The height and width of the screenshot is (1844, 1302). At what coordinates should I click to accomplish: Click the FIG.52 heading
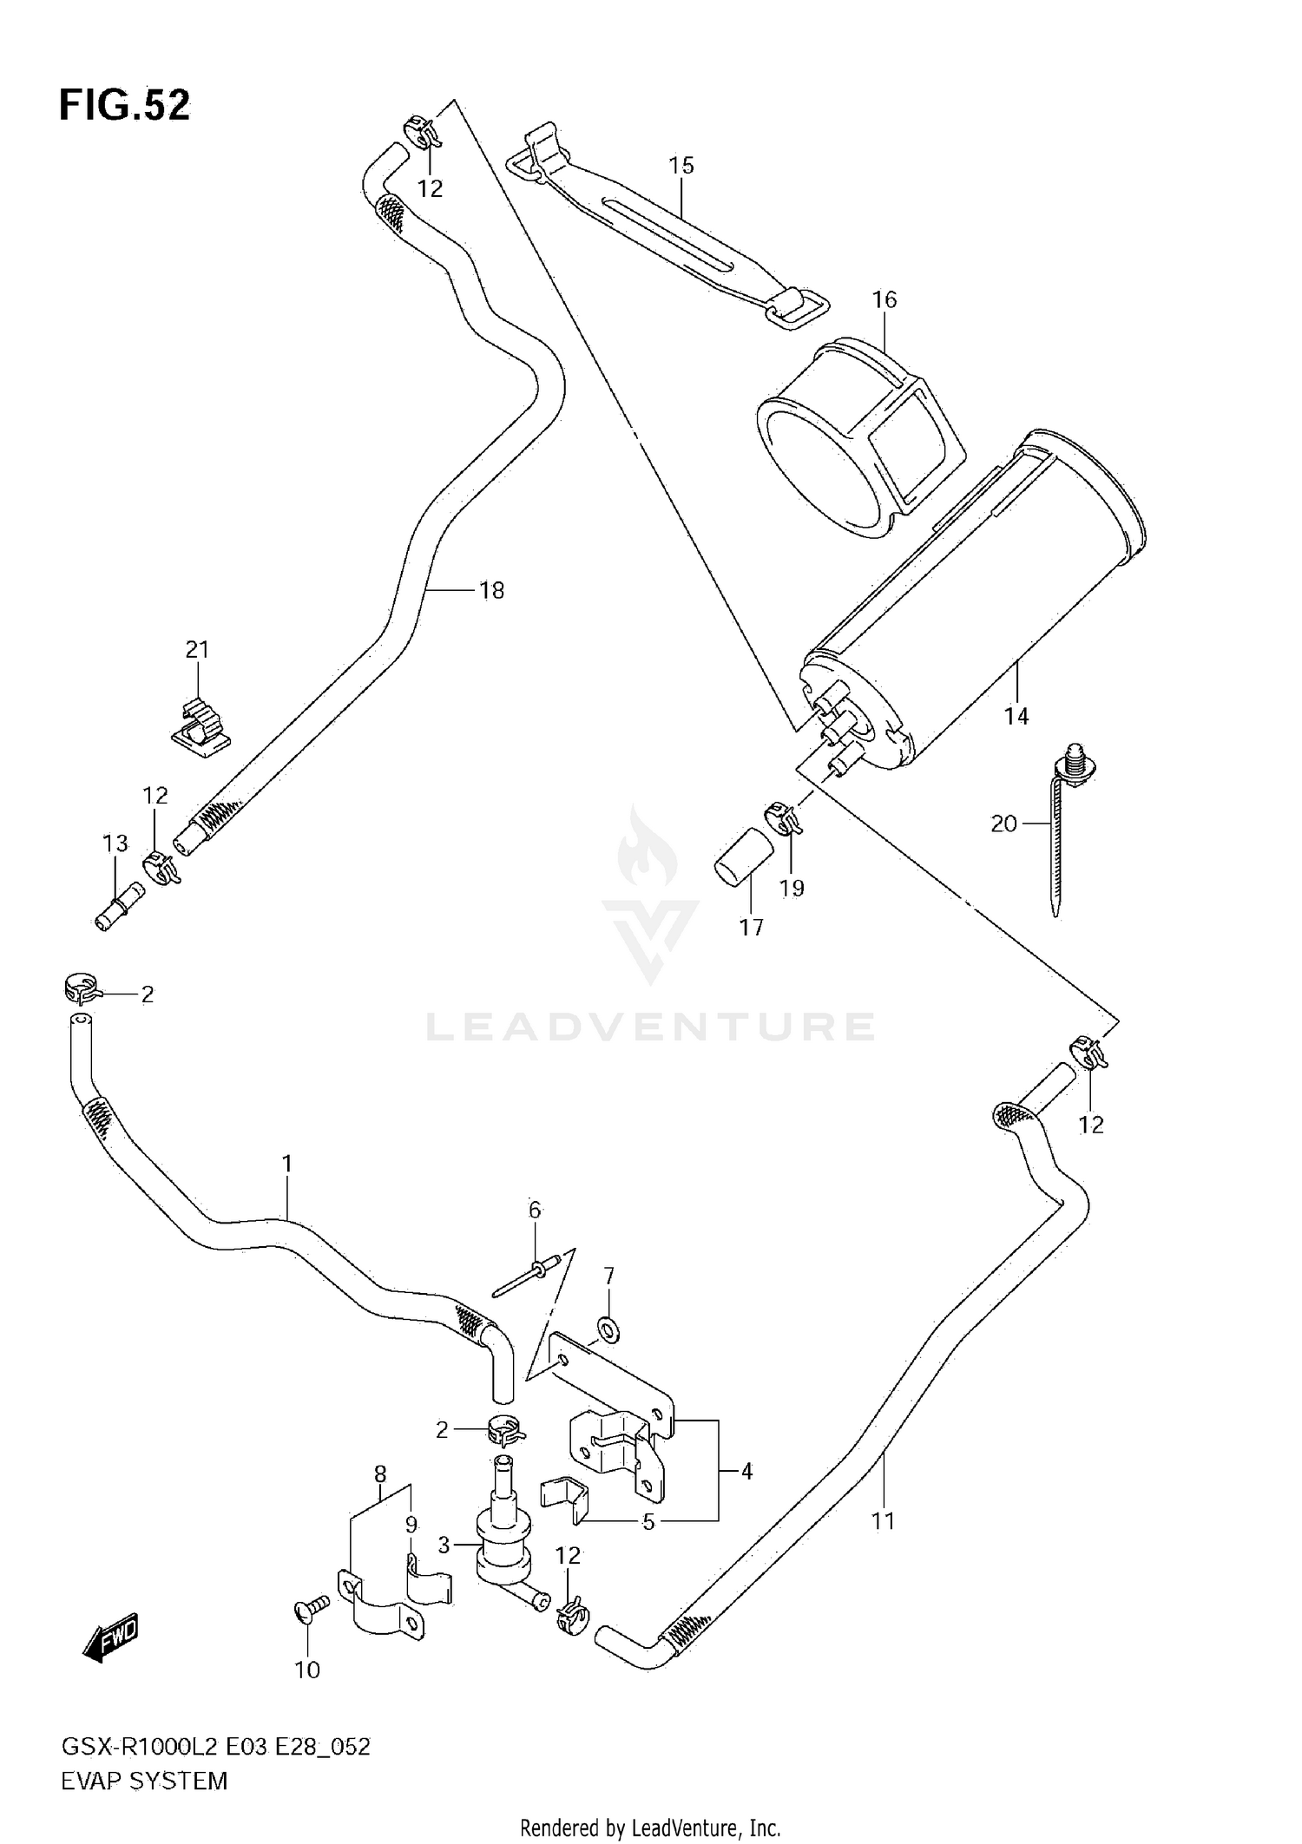[124, 105]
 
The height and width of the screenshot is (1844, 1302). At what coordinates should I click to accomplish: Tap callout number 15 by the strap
[681, 165]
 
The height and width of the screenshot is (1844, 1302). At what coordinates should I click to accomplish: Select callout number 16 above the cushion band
[884, 300]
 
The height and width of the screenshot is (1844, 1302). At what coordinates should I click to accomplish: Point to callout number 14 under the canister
[1016, 716]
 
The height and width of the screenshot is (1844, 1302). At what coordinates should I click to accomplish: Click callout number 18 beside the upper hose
[491, 590]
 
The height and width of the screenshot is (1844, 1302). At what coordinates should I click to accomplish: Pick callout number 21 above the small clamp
[197, 649]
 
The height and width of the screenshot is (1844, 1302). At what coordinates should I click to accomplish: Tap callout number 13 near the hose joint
[115, 843]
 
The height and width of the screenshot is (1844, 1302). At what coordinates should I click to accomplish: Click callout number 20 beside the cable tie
[1003, 824]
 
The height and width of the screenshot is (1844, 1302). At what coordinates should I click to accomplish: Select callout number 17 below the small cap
[752, 928]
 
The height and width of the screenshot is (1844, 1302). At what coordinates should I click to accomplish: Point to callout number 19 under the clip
[792, 888]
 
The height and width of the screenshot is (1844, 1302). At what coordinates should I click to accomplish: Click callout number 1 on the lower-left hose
[287, 1163]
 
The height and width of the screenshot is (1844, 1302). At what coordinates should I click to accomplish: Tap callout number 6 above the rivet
[535, 1210]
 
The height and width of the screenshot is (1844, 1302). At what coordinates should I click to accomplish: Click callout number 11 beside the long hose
[883, 1520]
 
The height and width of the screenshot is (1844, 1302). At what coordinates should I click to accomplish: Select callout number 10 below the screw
[307, 1670]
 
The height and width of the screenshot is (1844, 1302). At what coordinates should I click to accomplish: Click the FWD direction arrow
[110, 1637]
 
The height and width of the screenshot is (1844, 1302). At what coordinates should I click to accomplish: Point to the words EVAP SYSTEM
[144, 1781]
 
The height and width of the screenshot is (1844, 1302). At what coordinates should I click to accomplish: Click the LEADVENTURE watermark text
[650, 1027]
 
